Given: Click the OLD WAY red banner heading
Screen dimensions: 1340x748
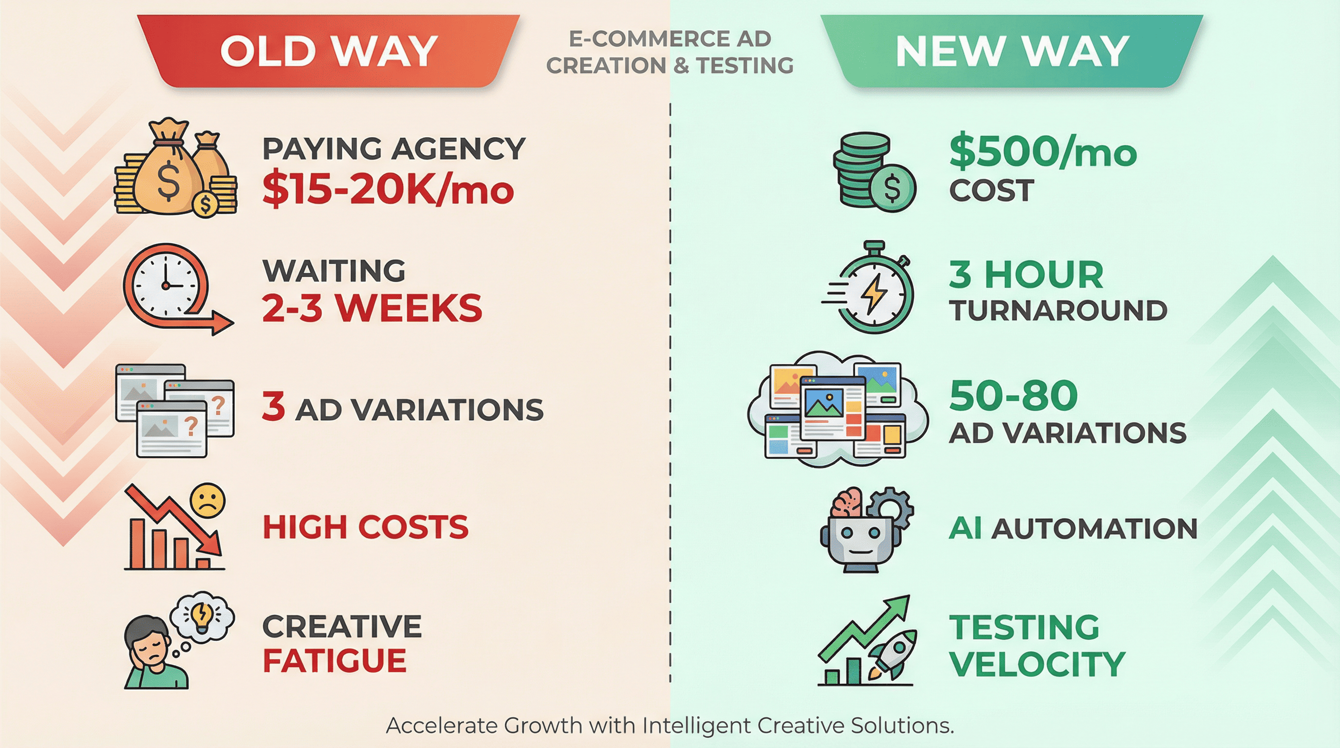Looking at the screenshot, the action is [328, 51].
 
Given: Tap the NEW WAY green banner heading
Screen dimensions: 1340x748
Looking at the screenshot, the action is [1012, 51].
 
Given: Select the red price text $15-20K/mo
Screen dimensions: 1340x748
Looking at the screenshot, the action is [388, 189].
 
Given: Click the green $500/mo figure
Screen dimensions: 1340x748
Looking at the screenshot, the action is [1043, 152].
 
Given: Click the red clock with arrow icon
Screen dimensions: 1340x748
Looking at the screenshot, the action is [177, 289].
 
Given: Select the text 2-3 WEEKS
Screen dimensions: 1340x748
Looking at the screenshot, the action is [372, 307].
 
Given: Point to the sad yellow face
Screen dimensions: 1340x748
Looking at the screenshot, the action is [207, 501].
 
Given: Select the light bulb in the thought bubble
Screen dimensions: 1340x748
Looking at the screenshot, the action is [201, 617].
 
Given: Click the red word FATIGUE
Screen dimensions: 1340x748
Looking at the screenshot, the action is [335, 661].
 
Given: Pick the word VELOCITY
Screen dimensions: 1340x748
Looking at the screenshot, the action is [1037, 664].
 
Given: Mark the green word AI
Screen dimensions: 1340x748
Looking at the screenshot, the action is [966, 528].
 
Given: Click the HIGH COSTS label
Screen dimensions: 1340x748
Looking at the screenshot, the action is [366, 526].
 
